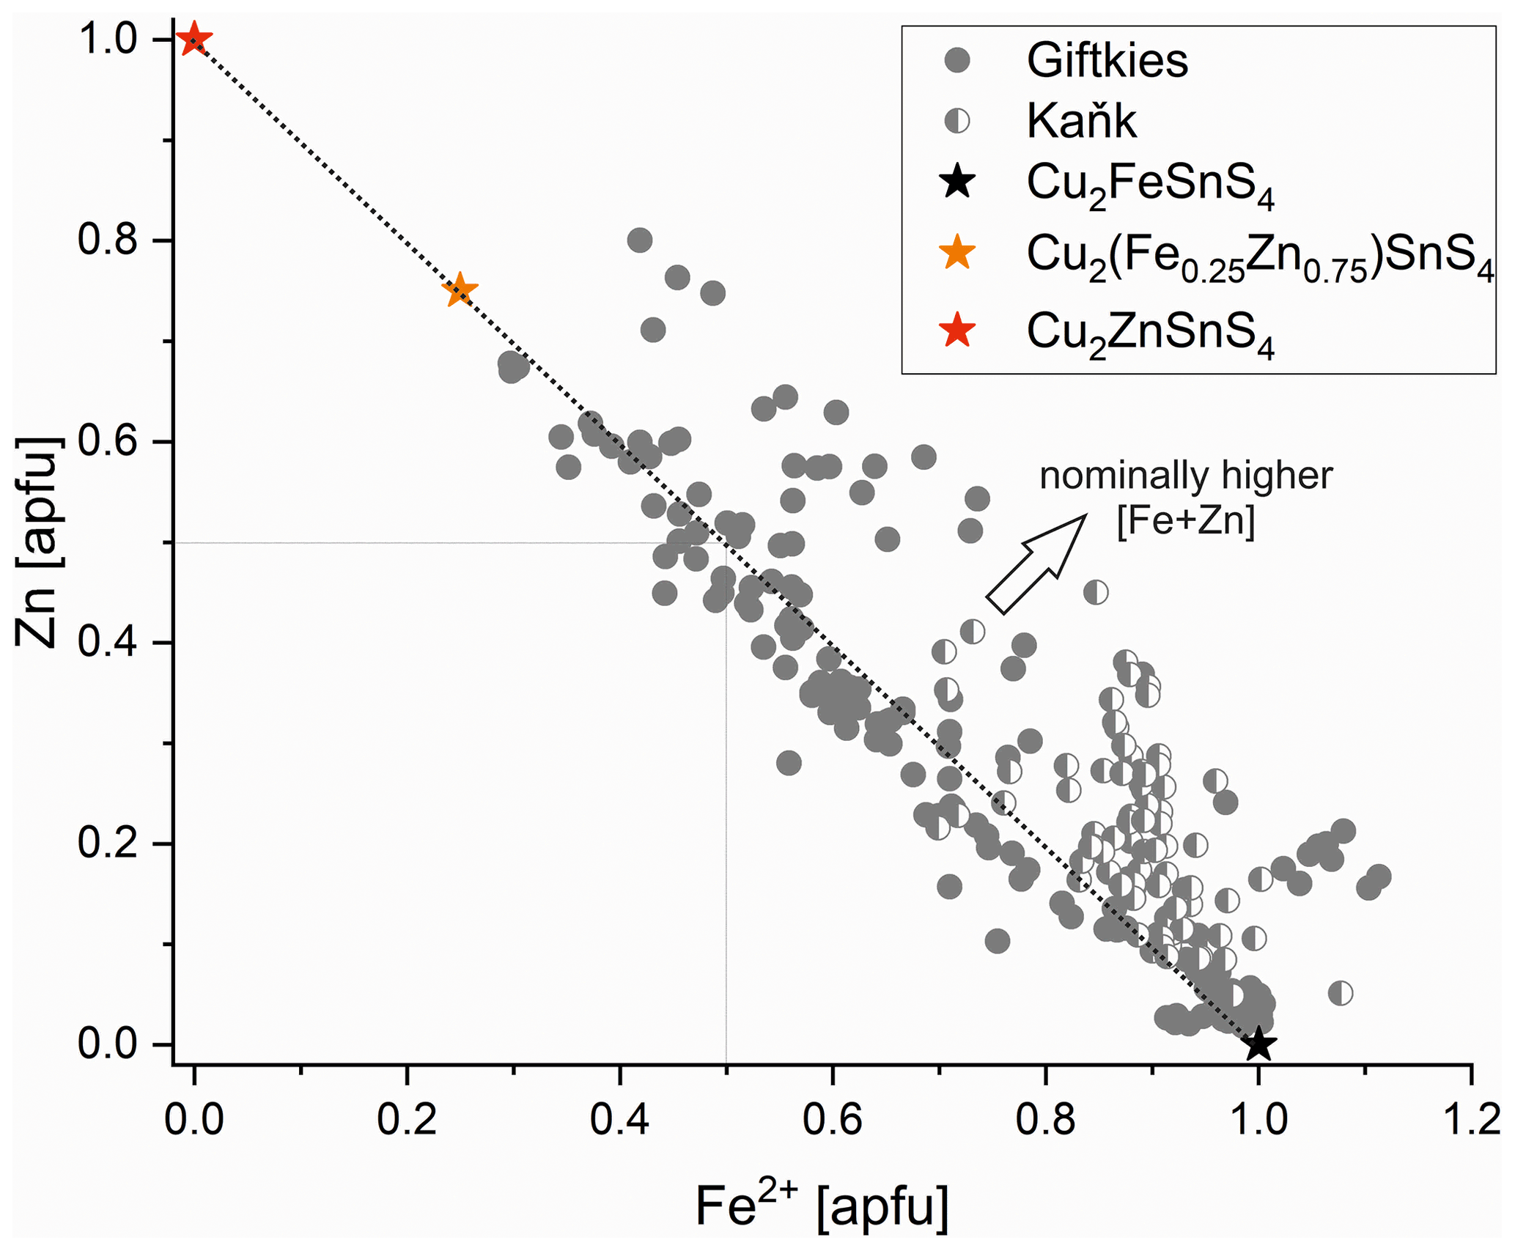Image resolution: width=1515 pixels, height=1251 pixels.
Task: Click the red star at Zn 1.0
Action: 194,38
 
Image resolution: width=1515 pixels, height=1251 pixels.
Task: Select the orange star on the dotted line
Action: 460,290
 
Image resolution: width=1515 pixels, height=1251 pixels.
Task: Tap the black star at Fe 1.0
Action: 1258,1044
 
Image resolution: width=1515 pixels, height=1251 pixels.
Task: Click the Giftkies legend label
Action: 1107,60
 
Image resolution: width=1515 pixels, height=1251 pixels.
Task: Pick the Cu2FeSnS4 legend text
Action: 1150,185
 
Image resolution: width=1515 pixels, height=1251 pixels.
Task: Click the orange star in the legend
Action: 958,253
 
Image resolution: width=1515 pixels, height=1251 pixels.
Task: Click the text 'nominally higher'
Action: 1185,476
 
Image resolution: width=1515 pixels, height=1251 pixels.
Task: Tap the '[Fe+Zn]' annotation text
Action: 1185,522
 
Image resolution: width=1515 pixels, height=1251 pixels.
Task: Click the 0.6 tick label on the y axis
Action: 108,442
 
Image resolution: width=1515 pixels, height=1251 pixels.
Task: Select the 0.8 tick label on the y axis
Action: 108,240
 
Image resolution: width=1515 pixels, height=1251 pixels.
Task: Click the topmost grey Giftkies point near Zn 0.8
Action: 640,240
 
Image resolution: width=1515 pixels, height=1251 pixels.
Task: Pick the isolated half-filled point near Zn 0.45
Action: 1096,592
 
